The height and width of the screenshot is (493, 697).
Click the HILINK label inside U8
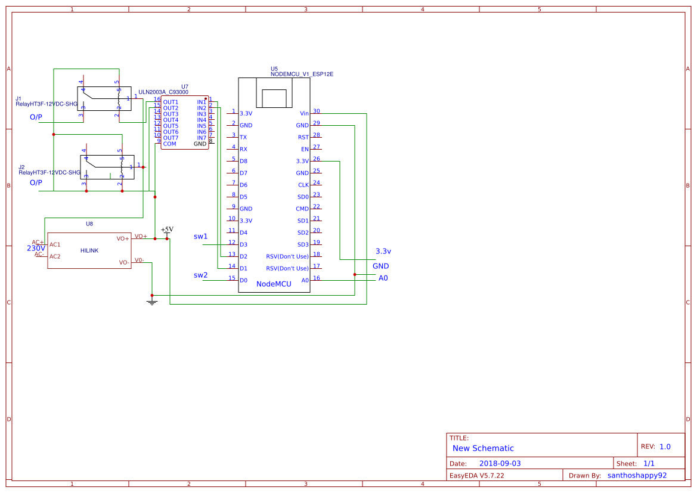[89, 250]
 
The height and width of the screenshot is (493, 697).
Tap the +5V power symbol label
[167, 229]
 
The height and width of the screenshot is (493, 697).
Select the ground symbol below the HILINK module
[152, 302]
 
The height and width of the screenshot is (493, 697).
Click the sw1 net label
[201, 237]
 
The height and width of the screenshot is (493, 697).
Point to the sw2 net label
[201, 275]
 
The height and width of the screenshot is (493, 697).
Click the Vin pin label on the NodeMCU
[304, 113]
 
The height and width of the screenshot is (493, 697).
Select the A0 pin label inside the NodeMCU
[305, 280]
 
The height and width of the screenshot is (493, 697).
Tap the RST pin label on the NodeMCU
[303, 137]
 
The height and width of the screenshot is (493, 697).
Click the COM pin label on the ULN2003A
[169, 144]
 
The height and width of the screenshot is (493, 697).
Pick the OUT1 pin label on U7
[171, 102]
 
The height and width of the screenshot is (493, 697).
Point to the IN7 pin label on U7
[202, 138]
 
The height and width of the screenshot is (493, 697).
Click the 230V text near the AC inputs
[36, 249]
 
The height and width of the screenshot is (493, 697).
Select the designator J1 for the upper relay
[18, 98]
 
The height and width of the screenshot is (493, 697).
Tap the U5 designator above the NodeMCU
[274, 69]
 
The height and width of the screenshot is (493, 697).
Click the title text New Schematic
[483, 448]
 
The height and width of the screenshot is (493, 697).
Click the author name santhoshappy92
[637, 476]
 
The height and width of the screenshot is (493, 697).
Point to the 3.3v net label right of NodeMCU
[383, 251]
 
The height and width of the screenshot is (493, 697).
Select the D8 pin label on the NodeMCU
[243, 161]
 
